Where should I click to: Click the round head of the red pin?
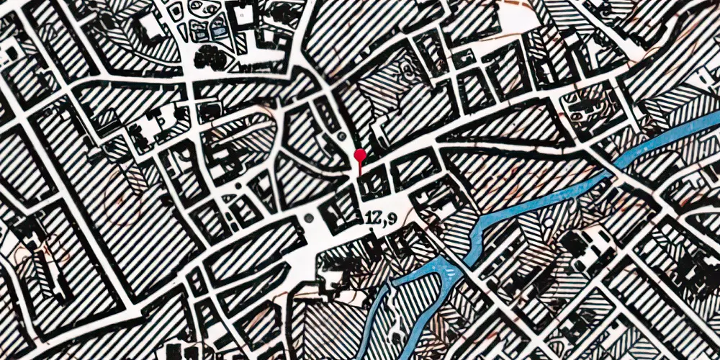(359, 154)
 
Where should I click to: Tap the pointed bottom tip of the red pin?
(359, 174)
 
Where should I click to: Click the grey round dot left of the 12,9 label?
(309, 217)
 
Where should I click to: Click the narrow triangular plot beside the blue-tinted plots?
(181, 30)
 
